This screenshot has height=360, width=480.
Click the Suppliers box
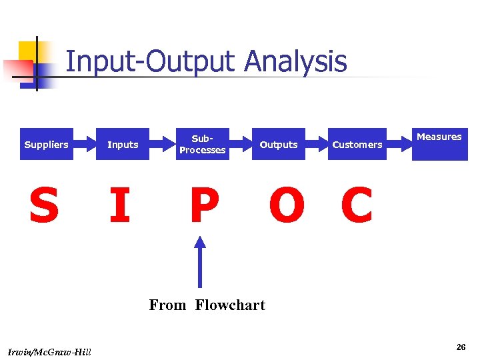pos(46,144)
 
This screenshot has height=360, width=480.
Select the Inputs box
pos(123,144)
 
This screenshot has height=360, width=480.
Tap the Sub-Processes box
pos(202,144)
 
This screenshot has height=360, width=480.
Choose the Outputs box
pos(279,144)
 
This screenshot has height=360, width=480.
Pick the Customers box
pos(357,144)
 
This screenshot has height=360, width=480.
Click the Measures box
pos(439,143)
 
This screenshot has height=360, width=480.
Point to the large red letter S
pos(43,205)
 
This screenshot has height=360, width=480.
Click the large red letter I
pos(120,205)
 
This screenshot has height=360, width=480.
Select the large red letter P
pos(203,205)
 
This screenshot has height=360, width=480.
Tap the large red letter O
pos(287,205)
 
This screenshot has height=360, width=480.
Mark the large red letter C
pos(356,205)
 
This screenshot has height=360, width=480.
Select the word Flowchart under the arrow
pos(230,305)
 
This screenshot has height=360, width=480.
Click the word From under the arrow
pos(167,305)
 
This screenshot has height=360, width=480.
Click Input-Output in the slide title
pos(151,61)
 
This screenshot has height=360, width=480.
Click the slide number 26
pos(461,347)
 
